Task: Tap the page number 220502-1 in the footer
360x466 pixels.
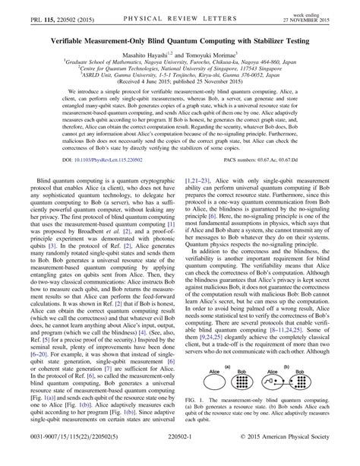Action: [x=180, y=458]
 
